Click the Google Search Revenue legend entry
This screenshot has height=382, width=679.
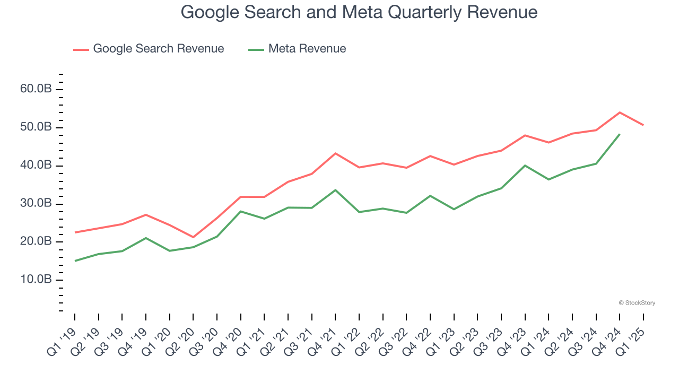[158, 49]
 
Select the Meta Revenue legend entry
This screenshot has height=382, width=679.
[307, 49]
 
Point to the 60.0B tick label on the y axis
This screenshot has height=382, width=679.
[36, 89]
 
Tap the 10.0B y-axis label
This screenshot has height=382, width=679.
[36, 280]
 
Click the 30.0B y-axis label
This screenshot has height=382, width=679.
[36, 204]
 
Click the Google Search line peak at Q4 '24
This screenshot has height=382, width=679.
[620, 112]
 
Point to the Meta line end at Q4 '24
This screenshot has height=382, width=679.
[620, 134]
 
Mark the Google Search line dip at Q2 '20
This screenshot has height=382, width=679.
[193, 237]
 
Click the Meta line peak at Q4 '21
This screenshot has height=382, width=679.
[335, 190]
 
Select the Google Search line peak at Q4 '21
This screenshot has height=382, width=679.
[335, 153]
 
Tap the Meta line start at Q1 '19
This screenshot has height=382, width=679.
[75, 261]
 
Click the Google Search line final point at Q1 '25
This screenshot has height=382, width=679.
[643, 125]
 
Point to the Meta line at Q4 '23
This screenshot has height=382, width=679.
[525, 166]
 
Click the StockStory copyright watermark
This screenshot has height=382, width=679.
[637, 303]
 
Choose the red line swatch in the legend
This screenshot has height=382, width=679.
[81, 49]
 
